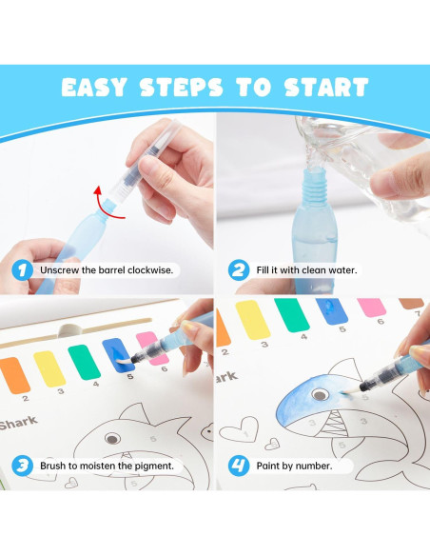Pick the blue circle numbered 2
(239, 269)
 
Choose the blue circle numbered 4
(239, 466)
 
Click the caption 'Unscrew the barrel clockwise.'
(107, 270)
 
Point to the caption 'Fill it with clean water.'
(306, 270)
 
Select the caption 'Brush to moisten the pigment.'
(107, 466)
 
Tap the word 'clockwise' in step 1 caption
(151, 270)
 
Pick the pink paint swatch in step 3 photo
(148, 344)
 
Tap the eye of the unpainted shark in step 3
(113, 438)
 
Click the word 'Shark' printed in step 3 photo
(19, 423)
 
